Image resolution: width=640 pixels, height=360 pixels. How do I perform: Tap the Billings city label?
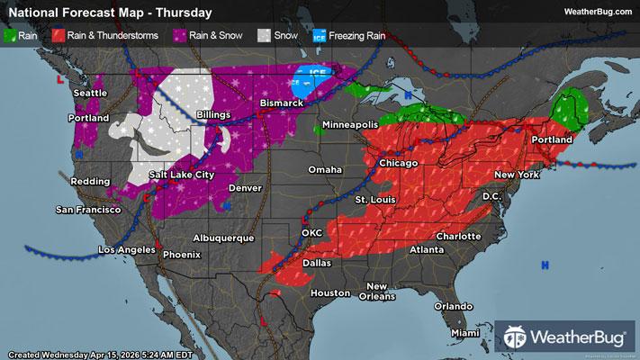click(209, 115)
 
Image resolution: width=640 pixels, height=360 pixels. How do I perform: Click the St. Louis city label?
click(373, 198)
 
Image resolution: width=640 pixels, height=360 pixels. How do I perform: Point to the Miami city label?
click(465, 333)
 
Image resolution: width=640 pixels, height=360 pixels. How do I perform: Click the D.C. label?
click(491, 195)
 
